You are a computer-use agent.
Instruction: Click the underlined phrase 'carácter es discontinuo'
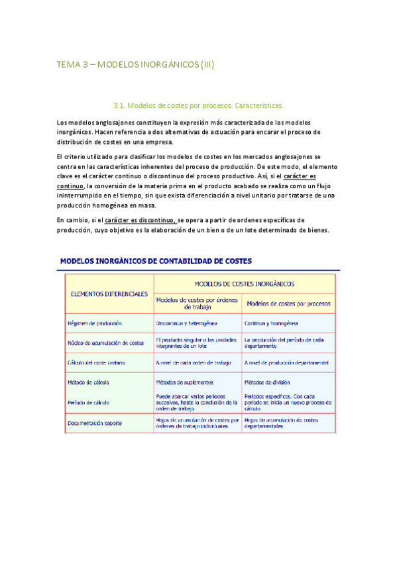coord(139,220)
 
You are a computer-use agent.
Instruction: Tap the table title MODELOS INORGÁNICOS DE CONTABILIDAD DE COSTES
coord(156,261)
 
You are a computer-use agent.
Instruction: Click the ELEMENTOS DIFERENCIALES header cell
coord(109,294)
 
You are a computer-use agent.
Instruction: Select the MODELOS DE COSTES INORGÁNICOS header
coord(245,283)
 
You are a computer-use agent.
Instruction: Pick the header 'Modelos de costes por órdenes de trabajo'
coord(198,304)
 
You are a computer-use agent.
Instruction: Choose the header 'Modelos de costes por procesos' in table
coord(289,304)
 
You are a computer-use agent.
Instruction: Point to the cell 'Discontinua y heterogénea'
coord(186,323)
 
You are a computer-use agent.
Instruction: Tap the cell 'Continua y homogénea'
coord(271,323)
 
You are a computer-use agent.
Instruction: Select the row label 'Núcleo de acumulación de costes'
coord(105,343)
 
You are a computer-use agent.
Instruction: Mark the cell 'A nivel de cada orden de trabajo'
coord(192,363)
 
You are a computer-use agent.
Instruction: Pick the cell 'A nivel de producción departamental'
coord(286,363)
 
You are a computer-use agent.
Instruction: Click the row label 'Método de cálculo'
coord(88,382)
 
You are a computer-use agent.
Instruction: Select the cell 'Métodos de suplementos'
coord(184,382)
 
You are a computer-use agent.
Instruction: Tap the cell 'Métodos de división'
coord(267,382)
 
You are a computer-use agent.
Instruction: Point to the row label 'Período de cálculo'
coord(89,401)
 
